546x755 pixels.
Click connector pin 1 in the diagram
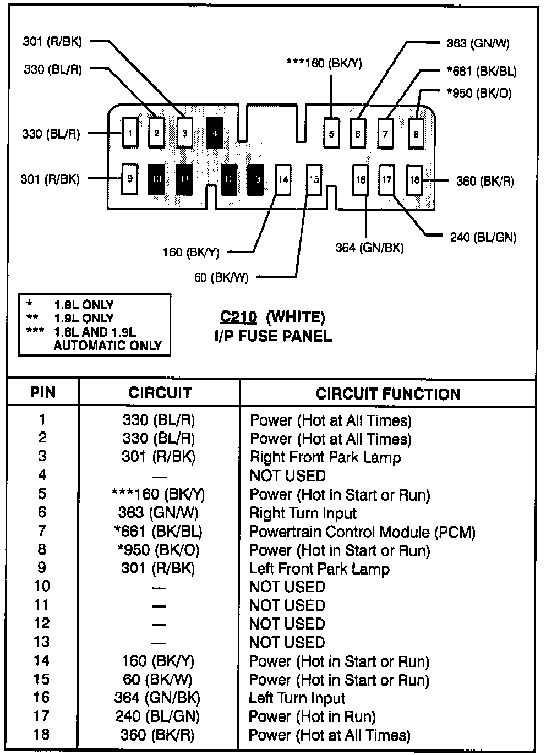pyautogui.click(x=130, y=133)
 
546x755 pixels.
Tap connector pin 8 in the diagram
pyautogui.click(x=416, y=134)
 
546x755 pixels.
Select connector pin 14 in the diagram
pyautogui.click(x=283, y=179)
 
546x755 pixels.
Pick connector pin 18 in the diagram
pyautogui.click(x=414, y=180)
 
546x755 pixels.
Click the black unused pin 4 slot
pyautogui.click(x=215, y=133)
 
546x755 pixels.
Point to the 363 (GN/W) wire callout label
pyautogui.click(x=478, y=43)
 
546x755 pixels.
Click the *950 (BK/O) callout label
pyautogui.click(x=479, y=93)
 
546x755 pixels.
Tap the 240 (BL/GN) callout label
pyautogui.click(x=483, y=237)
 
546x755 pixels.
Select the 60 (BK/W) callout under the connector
pyautogui.click(x=221, y=277)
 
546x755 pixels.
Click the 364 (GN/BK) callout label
pyautogui.click(x=369, y=248)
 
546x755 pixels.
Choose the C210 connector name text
pyautogui.click(x=238, y=317)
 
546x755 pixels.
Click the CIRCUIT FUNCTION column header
pyautogui.click(x=387, y=394)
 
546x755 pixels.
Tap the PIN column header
pyautogui.click(x=43, y=392)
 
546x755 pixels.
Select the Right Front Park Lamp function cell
pyautogui.click(x=325, y=457)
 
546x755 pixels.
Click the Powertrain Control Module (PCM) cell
pyautogui.click(x=362, y=532)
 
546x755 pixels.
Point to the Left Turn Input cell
pyautogui.click(x=297, y=698)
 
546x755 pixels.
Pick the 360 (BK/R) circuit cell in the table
pyautogui.click(x=158, y=735)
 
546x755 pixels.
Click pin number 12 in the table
pyautogui.click(x=42, y=623)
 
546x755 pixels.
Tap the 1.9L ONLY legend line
pyautogui.click(x=83, y=318)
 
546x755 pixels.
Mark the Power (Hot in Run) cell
pyautogui.click(x=312, y=716)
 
